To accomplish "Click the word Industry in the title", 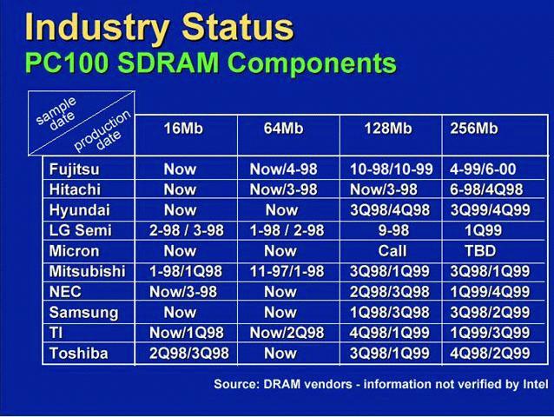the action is (96, 29).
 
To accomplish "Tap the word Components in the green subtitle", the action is (313, 63).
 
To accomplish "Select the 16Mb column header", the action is (183, 129).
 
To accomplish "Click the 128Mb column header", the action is (388, 129).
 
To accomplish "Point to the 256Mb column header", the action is (474, 129).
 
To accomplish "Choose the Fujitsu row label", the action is (74, 169).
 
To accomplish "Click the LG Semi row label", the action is (80, 230).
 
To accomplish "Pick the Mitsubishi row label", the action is (88, 271).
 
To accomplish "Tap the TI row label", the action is (56, 333).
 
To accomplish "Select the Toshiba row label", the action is (78, 353).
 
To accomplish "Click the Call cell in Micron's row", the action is (392, 251).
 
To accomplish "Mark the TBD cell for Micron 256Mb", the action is (480, 251).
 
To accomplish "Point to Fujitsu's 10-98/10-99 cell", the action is (392, 169).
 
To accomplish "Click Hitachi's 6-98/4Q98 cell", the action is (486, 189).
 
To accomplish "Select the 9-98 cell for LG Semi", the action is (393, 230).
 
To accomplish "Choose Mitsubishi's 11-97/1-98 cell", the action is (287, 271).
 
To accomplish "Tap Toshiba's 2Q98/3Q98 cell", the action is (189, 353).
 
